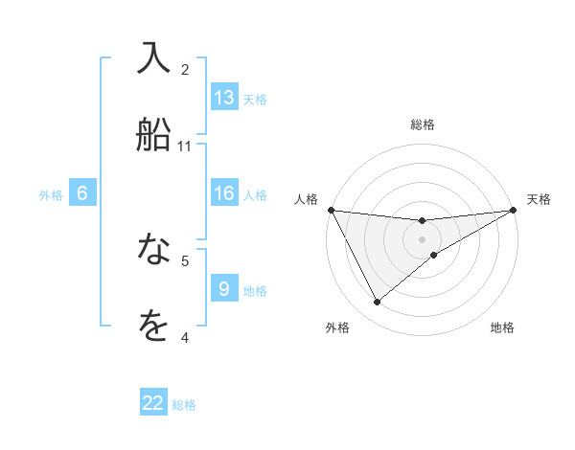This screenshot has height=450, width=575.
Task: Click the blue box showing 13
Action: (224, 98)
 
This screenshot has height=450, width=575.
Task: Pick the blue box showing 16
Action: (224, 193)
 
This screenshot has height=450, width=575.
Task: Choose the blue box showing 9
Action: (224, 289)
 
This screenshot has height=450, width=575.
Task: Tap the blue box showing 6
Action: (82, 193)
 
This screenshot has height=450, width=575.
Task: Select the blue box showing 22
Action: (153, 403)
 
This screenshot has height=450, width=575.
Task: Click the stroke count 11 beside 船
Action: (185, 146)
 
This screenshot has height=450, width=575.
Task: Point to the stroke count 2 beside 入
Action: (185, 70)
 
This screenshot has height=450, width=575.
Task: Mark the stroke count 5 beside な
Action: (185, 260)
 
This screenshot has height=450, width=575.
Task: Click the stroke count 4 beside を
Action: (185, 337)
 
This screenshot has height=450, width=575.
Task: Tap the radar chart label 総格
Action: (423, 124)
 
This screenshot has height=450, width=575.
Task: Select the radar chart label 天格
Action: (540, 199)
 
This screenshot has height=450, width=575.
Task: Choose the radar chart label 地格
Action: (502, 327)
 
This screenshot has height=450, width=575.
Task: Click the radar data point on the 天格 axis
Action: (514, 210)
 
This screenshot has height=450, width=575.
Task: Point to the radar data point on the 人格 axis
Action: (331, 210)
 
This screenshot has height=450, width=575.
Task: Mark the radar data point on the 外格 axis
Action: (377, 303)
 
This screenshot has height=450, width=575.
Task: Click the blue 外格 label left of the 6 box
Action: (51, 194)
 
